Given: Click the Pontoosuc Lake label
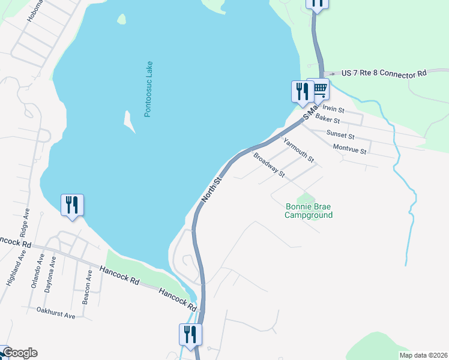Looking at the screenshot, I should click(x=149, y=89).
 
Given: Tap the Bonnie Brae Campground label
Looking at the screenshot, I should click(x=308, y=211).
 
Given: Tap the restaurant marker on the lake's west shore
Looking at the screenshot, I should click(x=72, y=205).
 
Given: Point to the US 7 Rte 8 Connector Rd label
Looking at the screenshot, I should click(x=384, y=73).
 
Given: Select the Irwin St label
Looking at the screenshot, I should click(x=333, y=110).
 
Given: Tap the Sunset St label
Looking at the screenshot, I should click(x=340, y=135).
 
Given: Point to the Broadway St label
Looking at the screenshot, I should click(x=268, y=165).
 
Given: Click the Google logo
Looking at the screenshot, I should click(x=20, y=353).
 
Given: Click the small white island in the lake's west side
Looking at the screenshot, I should click(x=128, y=121).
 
